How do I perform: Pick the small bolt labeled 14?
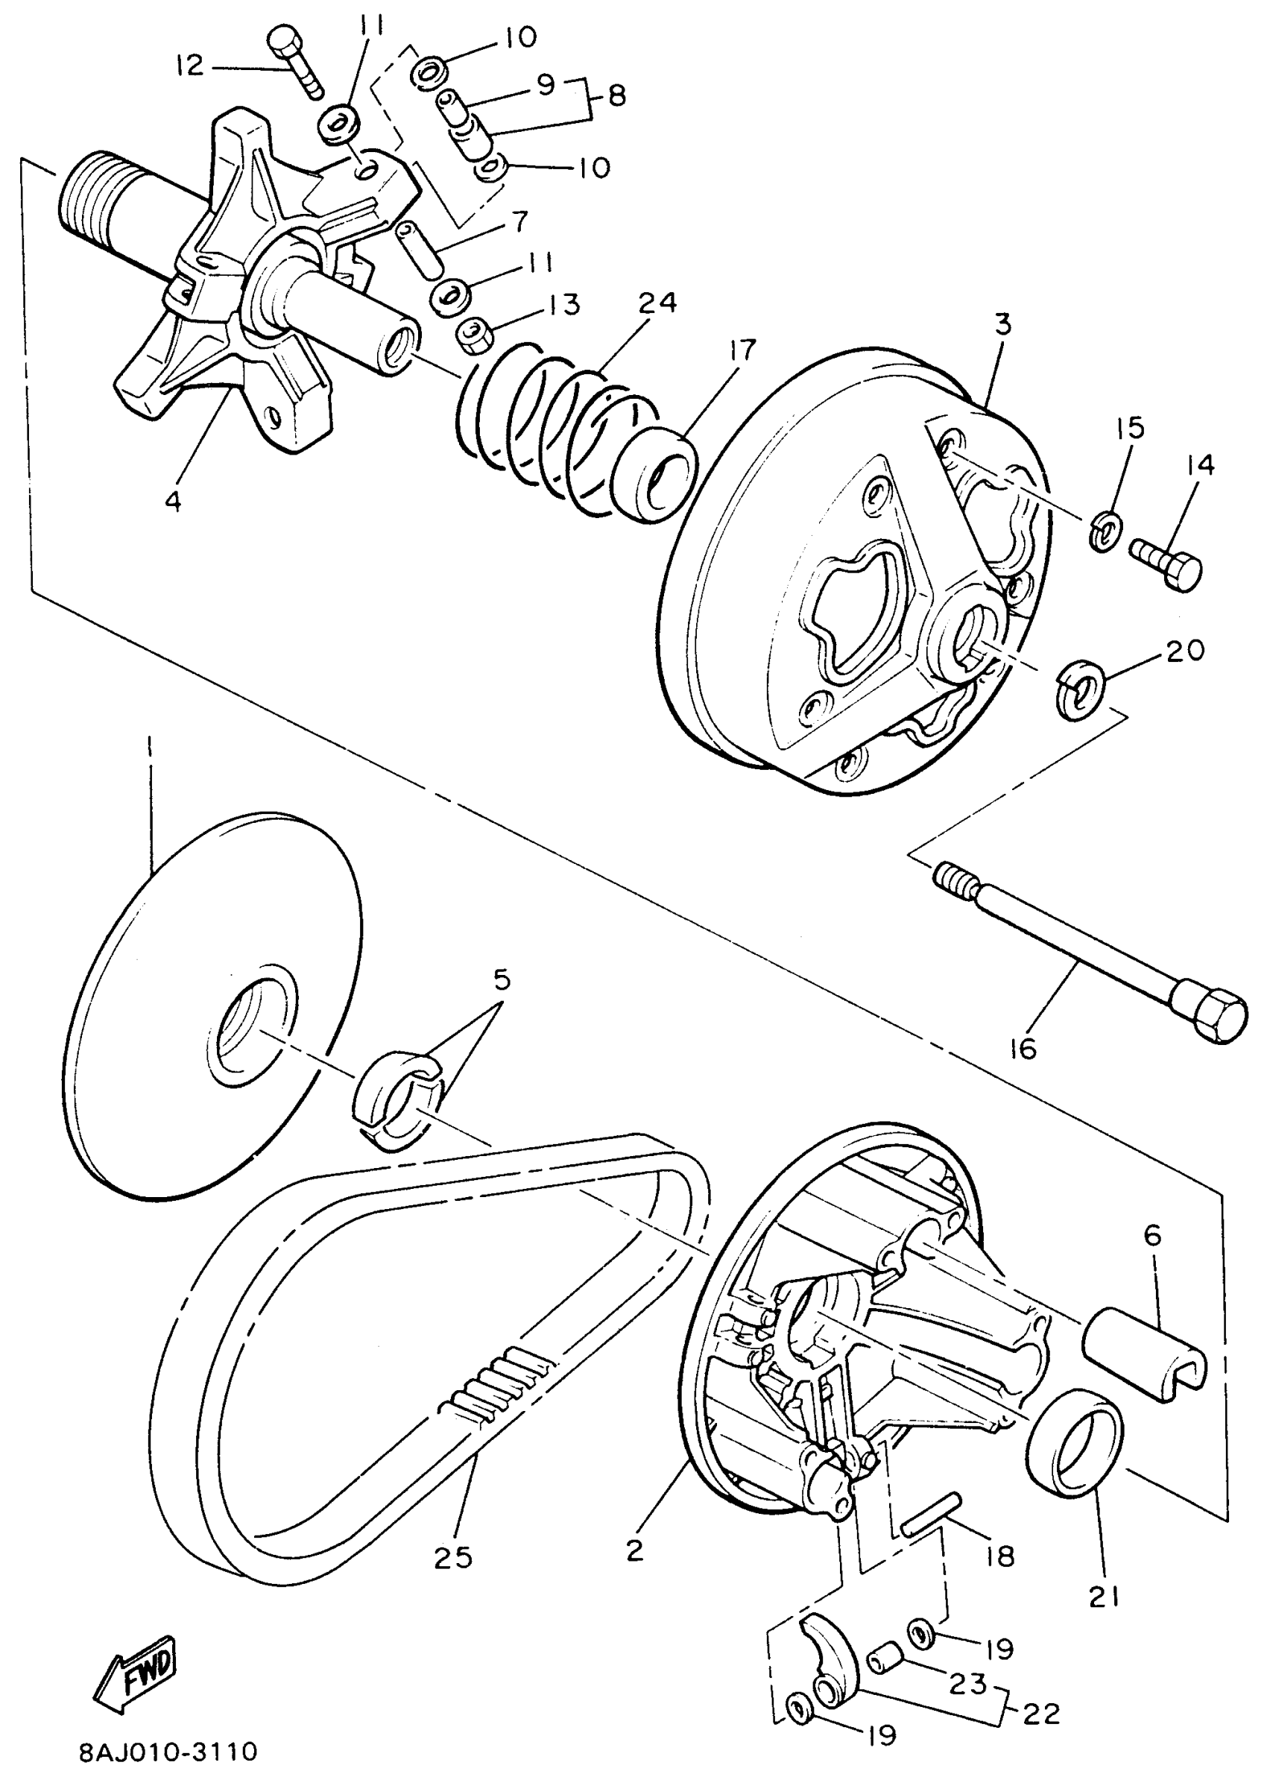pyautogui.click(x=1166, y=561)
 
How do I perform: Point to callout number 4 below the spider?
pyautogui.click(x=173, y=501)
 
